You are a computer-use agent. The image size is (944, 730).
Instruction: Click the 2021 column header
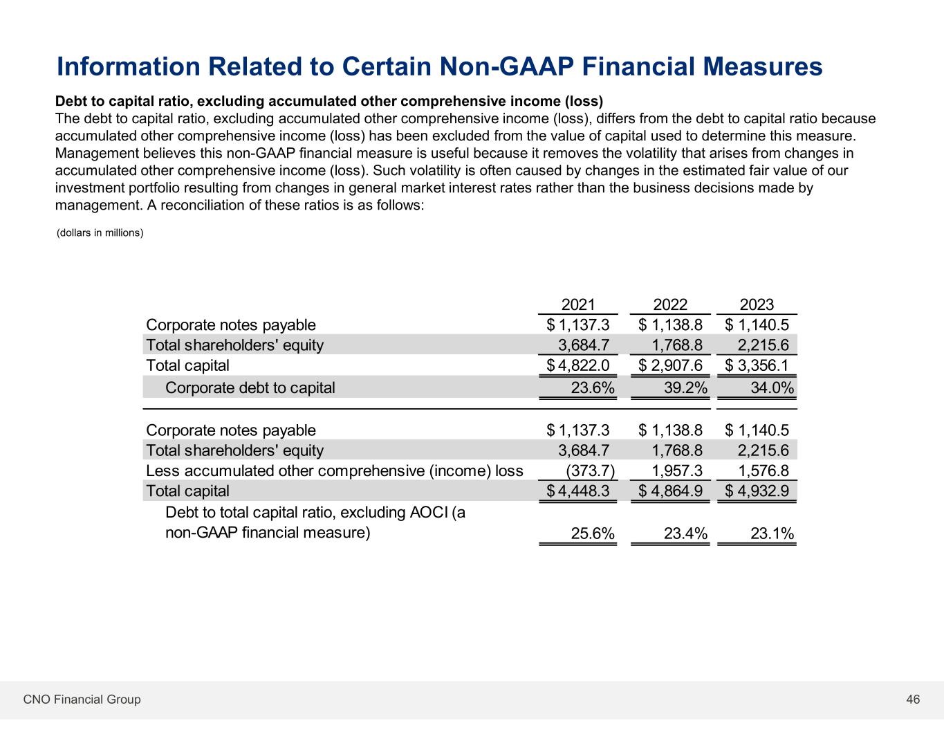coord(578,304)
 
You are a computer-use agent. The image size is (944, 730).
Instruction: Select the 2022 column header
coord(670,304)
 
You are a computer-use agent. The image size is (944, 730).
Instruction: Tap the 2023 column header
coord(757,304)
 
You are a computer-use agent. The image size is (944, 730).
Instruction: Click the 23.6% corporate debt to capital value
coord(593,387)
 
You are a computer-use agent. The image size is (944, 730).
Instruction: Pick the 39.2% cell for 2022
coord(685,387)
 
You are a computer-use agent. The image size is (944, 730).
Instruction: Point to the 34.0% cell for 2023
coord(772,387)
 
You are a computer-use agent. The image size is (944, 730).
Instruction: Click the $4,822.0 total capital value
coord(578,365)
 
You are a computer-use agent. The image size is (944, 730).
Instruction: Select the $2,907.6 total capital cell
coord(670,365)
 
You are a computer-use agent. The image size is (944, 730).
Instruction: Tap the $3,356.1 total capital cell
coord(757,365)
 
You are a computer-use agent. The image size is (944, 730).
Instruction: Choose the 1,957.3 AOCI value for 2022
coord(677,471)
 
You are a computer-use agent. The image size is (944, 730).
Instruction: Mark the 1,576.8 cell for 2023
coord(763,471)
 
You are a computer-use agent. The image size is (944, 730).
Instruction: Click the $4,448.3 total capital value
coord(578,491)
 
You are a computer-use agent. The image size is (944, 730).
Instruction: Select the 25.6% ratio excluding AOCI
coord(593,533)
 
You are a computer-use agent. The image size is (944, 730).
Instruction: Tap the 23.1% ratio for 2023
coord(772,533)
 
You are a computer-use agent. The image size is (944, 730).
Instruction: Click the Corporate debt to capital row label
coord(250,387)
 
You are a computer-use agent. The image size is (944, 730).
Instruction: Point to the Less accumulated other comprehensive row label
coord(335,471)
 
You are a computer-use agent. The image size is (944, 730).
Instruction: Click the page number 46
coord(913,700)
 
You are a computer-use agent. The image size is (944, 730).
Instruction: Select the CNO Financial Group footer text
coord(82,700)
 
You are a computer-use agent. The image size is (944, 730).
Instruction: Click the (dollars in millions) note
coord(100,233)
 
